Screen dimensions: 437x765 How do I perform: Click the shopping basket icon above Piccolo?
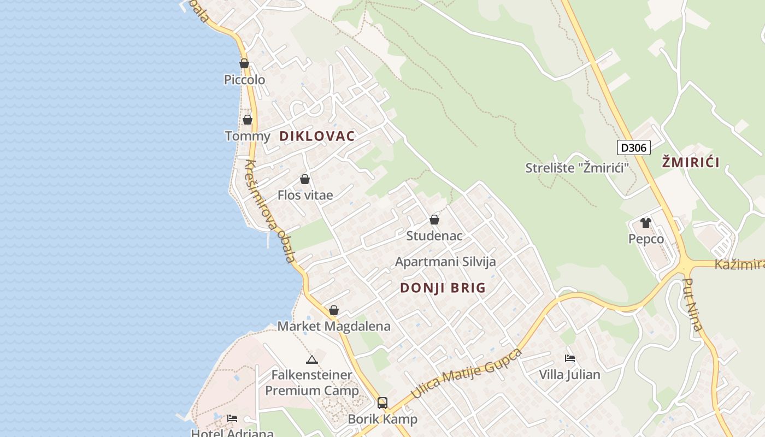point(244,63)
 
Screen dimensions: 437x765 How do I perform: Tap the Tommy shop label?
point(248,136)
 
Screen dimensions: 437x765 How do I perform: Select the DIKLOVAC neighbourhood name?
point(317,136)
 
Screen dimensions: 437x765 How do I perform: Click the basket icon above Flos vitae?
point(305,179)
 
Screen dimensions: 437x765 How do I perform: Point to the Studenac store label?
point(434,236)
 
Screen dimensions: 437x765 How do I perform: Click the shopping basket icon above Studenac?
point(434,220)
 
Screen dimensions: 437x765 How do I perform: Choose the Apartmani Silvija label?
point(445,262)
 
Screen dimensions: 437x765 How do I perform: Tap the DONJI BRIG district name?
point(443,288)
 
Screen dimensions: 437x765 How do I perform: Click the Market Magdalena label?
point(334,327)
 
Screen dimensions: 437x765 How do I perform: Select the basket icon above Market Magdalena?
point(334,311)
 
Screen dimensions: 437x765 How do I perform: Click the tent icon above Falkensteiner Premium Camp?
point(312,359)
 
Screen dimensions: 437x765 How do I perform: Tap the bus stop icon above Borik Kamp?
point(382,403)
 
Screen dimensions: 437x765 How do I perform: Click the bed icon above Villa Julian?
point(570,358)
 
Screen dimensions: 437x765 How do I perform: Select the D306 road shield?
point(634,147)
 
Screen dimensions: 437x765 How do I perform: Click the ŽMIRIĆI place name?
point(691,162)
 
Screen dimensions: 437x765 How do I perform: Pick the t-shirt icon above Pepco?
point(646,223)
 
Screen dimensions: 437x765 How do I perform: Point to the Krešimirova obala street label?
point(270,211)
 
